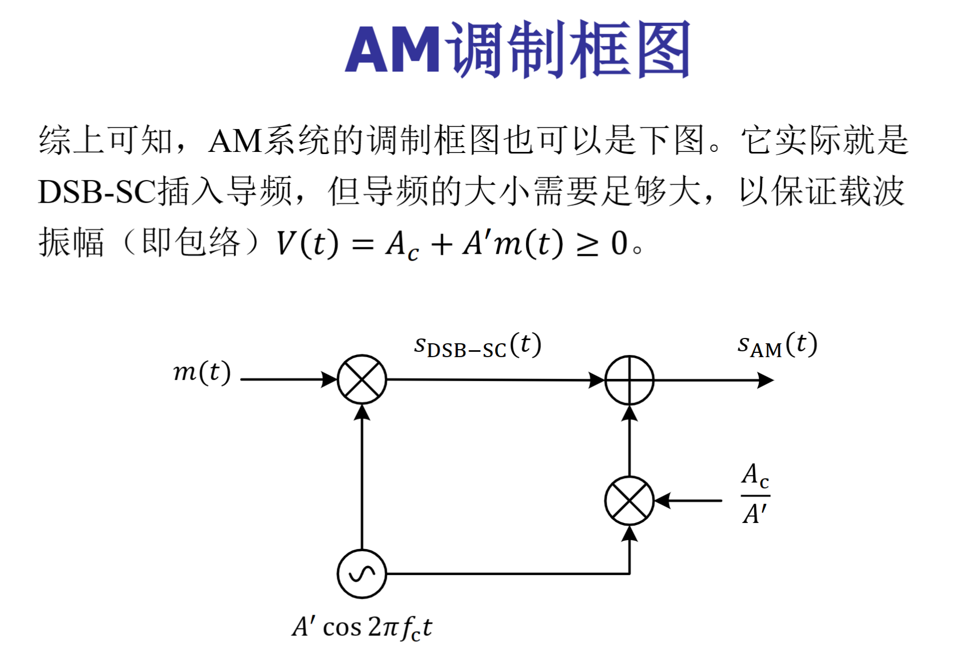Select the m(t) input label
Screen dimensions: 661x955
click(x=202, y=372)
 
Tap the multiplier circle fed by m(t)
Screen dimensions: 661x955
click(x=362, y=380)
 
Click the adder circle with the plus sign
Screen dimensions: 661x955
click(x=630, y=380)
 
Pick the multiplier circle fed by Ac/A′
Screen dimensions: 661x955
click(x=630, y=501)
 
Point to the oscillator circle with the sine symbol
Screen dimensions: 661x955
click(x=362, y=574)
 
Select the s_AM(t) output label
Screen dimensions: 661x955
click(x=777, y=345)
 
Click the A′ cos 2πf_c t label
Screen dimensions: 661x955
click(x=362, y=627)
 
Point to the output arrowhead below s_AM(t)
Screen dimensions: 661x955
click(x=766, y=380)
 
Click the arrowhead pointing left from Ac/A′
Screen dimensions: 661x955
click(x=663, y=501)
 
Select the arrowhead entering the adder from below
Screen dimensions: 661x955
click(x=630, y=413)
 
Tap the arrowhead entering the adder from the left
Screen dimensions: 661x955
click(x=596, y=380)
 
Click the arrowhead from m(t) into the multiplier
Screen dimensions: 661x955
click(x=329, y=380)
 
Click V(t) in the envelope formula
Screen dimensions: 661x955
click(x=307, y=244)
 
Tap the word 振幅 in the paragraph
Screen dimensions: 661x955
click(x=71, y=243)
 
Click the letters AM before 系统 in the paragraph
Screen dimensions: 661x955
click(x=235, y=142)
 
